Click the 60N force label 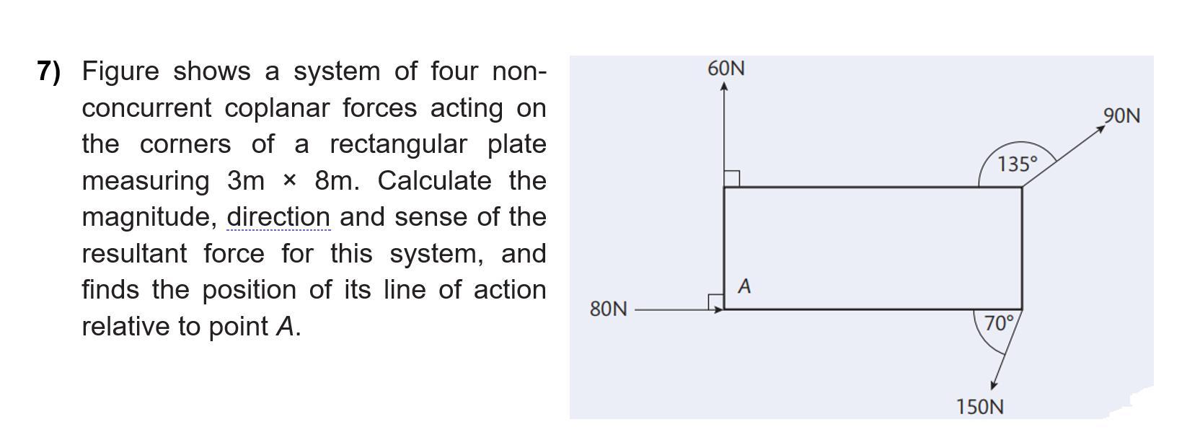point(726,69)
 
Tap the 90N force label point(1121,115)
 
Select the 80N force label point(608,309)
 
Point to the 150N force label point(979,407)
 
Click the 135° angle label point(1018,164)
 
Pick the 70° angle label point(1000,323)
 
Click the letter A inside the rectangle point(745,286)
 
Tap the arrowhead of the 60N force point(724,87)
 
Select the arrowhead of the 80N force point(719,309)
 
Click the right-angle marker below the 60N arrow point(731,179)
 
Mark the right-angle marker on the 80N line point(715,302)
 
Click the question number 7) point(49,71)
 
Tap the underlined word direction point(278,216)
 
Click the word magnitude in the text point(147,217)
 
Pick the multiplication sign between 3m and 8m point(289,180)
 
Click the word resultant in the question point(136,253)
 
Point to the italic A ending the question point(286,326)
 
